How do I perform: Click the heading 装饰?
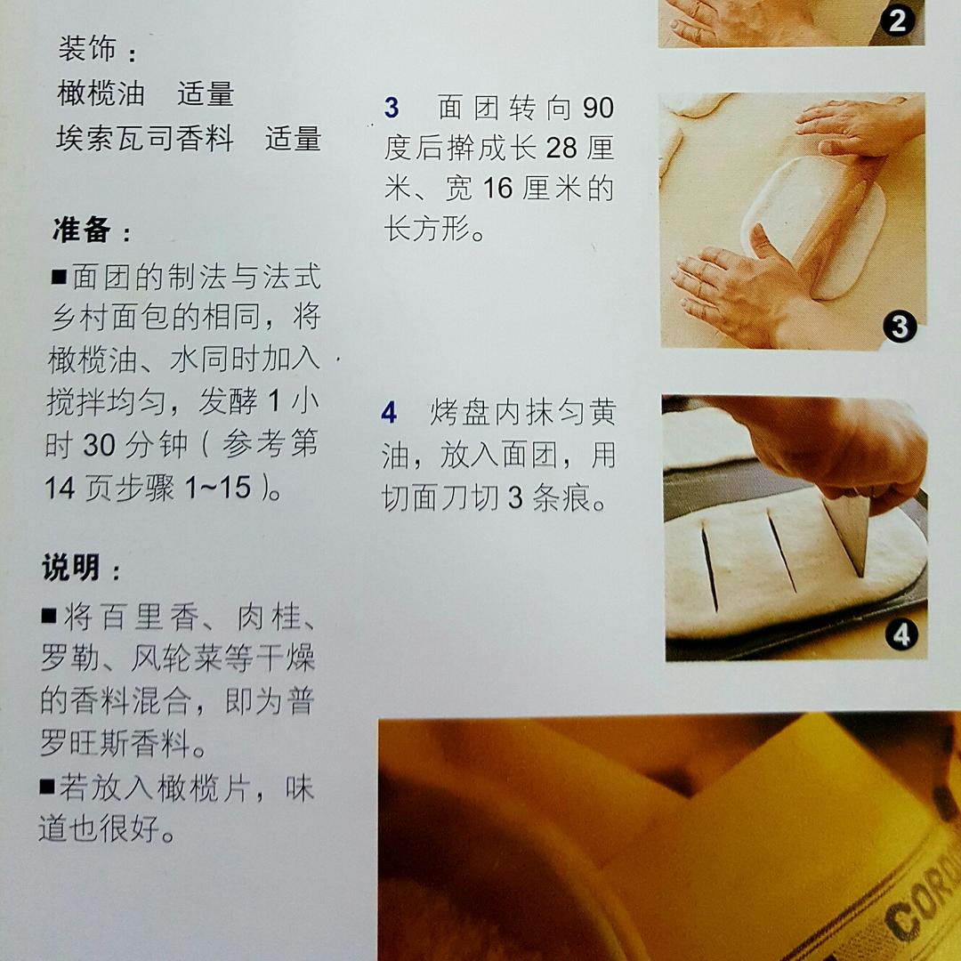(x=88, y=49)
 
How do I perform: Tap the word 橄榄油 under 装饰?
(x=95, y=93)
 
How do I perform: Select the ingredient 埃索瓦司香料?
(x=144, y=139)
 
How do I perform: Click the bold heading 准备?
(x=81, y=230)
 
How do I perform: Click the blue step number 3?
(x=392, y=109)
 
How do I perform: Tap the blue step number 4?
(x=389, y=413)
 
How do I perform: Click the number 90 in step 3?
(x=598, y=109)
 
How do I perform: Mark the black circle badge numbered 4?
(x=900, y=635)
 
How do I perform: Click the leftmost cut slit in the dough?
(x=709, y=566)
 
